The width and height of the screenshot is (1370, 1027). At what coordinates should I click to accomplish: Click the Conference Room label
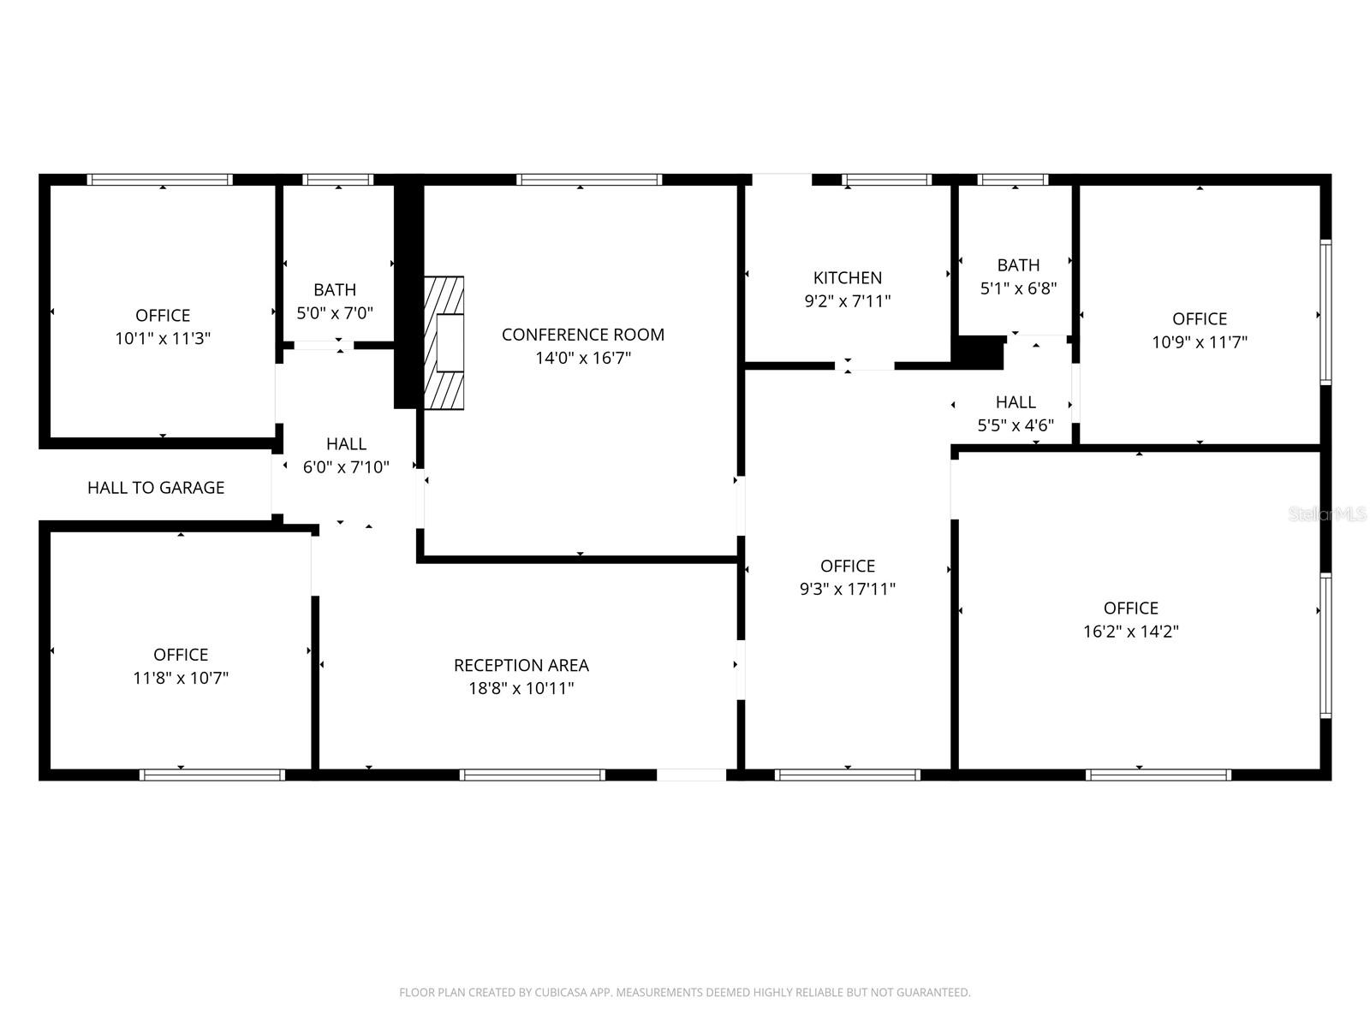pyautogui.click(x=582, y=335)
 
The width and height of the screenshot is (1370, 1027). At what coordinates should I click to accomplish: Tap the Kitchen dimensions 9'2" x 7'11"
pyautogui.click(x=847, y=301)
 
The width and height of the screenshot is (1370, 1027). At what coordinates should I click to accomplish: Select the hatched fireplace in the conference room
pyautogui.click(x=445, y=342)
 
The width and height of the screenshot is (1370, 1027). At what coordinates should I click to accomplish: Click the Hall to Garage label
pyautogui.click(x=156, y=488)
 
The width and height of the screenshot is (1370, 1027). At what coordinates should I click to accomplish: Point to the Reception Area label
pyautogui.click(x=521, y=665)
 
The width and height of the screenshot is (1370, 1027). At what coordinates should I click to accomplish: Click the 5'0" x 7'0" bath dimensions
pyautogui.click(x=335, y=313)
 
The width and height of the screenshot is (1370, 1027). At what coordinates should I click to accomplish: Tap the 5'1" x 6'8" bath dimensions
pyautogui.click(x=1018, y=288)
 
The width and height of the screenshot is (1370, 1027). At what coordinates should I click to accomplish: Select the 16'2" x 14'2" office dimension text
pyautogui.click(x=1130, y=632)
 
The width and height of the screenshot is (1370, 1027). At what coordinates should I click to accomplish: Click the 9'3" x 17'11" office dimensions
pyautogui.click(x=847, y=589)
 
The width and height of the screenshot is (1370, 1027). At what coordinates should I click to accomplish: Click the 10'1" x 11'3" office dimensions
pyautogui.click(x=163, y=338)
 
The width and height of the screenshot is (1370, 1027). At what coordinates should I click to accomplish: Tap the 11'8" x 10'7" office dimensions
pyautogui.click(x=181, y=678)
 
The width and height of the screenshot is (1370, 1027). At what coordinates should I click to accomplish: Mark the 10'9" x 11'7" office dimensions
pyautogui.click(x=1199, y=342)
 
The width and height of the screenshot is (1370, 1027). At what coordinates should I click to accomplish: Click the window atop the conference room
pyautogui.click(x=588, y=180)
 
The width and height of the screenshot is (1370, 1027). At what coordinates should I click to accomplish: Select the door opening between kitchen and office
pyautogui.click(x=864, y=365)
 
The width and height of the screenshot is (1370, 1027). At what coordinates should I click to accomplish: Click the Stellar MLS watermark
pyautogui.click(x=1327, y=514)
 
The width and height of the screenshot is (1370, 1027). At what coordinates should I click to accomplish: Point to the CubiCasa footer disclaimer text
pyautogui.click(x=684, y=993)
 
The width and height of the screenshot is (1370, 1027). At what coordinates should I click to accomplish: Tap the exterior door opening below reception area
pyautogui.click(x=691, y=775)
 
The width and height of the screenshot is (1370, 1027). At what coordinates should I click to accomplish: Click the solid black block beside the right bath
pyautogui.click(x=978, y=353)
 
